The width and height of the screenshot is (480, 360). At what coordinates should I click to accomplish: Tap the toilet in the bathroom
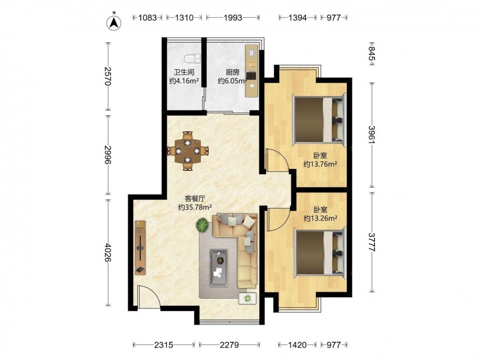(x=192, y=58)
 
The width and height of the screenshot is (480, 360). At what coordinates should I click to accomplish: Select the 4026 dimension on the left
(x=107, y=252)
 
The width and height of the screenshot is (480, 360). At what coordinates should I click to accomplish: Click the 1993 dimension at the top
(x=233, y=18)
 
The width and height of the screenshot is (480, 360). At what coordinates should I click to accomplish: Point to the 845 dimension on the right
(x=372, y=54)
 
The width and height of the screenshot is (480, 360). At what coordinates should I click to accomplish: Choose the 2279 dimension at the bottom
(x=229, y=345)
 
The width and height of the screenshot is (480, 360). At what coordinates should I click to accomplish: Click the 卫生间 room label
(x=184, y=72)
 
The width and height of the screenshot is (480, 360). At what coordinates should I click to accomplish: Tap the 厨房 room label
(x=232, y=72)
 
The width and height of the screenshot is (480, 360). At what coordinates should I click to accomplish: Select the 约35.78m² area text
(x=195, y=207)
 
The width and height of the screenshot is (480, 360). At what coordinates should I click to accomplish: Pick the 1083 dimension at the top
(x=147, y=18)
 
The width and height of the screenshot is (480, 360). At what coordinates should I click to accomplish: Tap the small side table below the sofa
(x=247, y=298)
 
